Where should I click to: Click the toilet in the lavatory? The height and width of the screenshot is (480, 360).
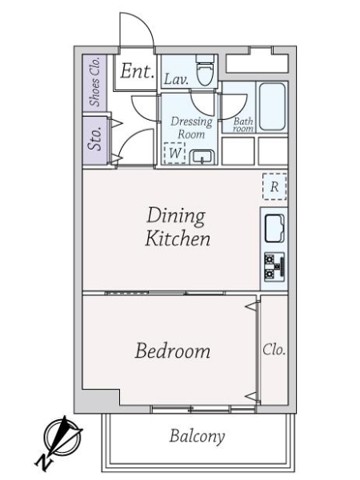click(205, 70)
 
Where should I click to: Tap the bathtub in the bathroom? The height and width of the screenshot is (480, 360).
click(272, 106)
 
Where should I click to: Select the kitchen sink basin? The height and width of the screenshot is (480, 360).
click(274, 228)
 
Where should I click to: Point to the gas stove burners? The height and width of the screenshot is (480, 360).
click(274, 267)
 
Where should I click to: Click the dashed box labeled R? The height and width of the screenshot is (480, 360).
click(274, 186)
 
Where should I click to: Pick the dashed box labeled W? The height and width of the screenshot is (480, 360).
click(174, 153)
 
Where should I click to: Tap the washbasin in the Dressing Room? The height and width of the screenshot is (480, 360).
click(202, 158)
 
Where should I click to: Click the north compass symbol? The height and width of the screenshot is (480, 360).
click(62, 436)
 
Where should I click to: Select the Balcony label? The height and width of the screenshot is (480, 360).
click(197, 436)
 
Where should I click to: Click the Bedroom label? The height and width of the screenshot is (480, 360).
click(173, 351)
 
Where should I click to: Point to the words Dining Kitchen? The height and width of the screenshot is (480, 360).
click(178, 227)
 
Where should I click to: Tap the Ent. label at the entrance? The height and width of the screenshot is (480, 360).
click(137, 71)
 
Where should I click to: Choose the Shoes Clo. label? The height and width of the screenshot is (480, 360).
click(94, 82)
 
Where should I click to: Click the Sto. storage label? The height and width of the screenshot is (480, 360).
click(94, 138)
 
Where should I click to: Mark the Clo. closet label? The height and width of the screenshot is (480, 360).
click(274, 350)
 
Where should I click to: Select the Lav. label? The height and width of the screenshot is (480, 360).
click(176, 80)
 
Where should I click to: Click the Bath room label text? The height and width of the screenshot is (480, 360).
click(243, 125)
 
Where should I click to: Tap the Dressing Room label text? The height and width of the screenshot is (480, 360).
click(192, 128)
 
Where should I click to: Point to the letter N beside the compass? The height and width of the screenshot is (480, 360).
click(43, 462)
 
